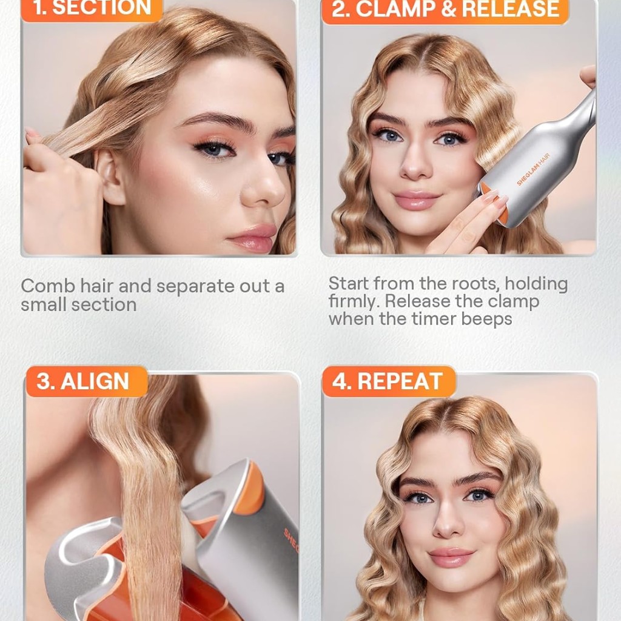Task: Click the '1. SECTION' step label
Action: pos(92,8)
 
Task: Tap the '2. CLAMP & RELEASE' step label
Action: pos(445,10)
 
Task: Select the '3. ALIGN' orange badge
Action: pos(87,381)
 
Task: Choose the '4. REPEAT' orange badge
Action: pos(389,381)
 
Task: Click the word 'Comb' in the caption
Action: pos(48,286)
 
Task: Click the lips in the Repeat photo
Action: pos(451,557)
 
